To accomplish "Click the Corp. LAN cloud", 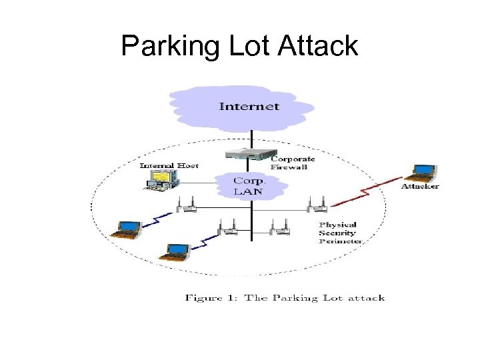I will coord(248,185).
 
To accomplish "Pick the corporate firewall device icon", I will coord(250,155).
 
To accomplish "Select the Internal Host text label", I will coord(169,165).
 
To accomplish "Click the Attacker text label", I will coord(419,187).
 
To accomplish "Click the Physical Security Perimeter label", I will coord(340,233).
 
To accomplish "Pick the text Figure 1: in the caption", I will coord(212,298).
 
